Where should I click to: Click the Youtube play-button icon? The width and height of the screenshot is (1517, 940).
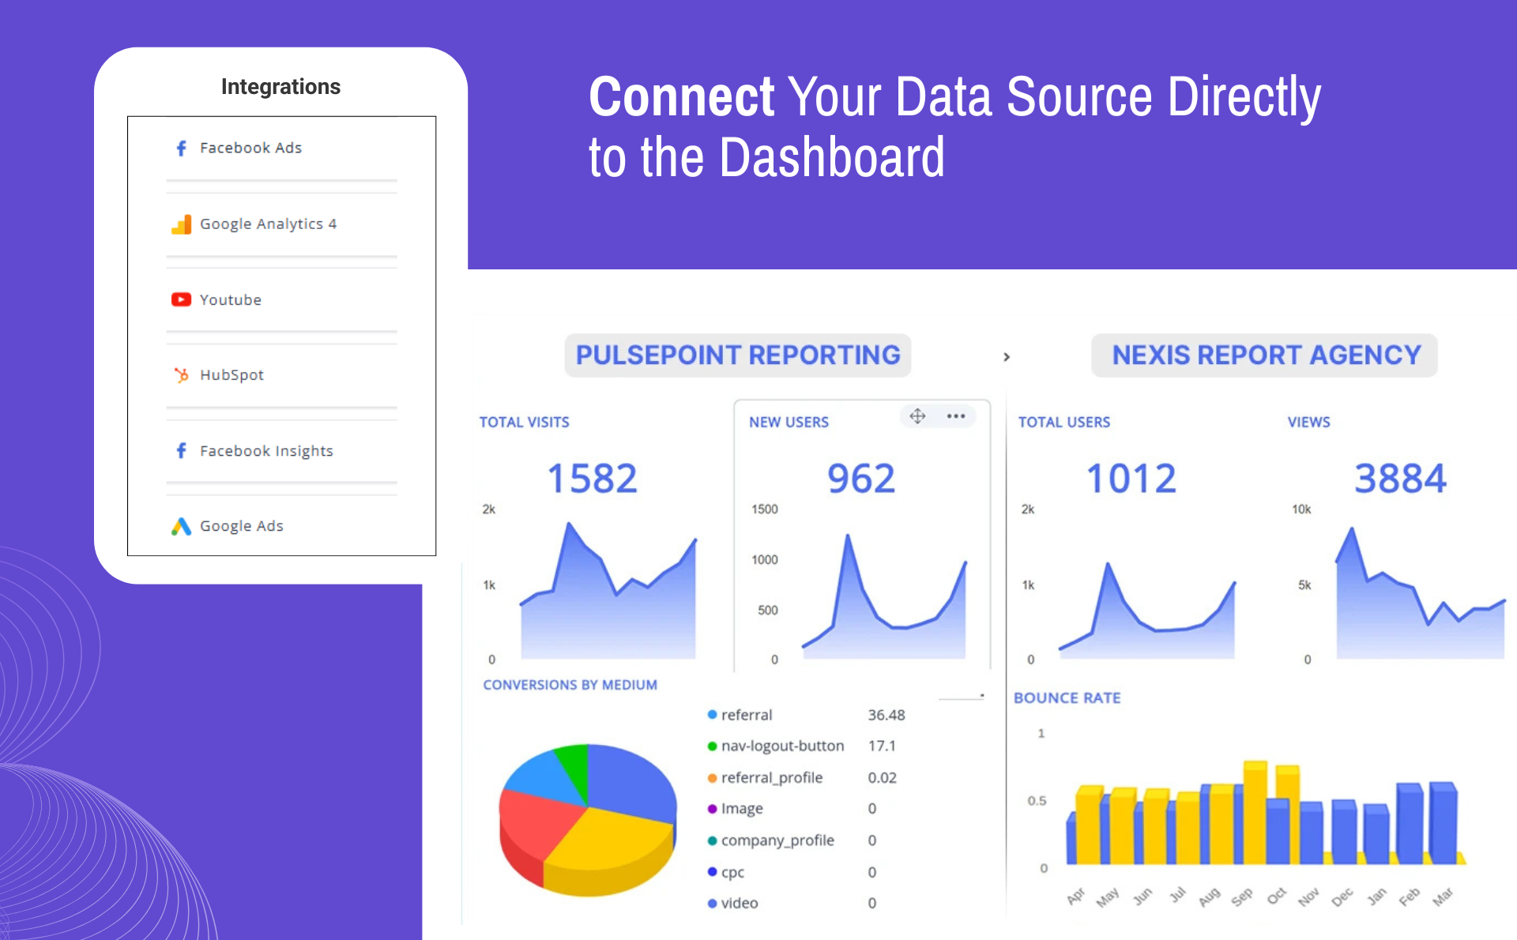click(181, 299)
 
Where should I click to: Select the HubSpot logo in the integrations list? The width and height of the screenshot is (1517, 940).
click(181, 375)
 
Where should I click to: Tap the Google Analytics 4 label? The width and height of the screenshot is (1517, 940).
click(268, 224)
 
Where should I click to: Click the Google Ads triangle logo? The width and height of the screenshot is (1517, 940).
click(181, 526)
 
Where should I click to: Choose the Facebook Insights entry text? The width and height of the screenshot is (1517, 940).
click(266, 451)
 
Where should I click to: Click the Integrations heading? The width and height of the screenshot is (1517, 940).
click(280, 86)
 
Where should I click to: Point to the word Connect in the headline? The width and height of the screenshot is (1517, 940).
click(681, 98)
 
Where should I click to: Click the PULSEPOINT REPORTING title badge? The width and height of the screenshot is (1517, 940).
click(737, 355)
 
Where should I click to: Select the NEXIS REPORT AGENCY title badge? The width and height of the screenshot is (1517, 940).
click(1265, 355)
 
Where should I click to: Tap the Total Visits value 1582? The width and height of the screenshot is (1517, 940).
click(592, 479)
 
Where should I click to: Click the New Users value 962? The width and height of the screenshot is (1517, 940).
click(861, 479)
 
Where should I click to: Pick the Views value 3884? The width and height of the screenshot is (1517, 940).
click(1400, 479)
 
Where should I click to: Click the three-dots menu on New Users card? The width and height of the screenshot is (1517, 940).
click(956, 416)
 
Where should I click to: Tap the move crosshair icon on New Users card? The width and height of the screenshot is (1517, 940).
click(917, 416)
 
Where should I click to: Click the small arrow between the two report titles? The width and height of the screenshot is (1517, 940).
click(1006, 357)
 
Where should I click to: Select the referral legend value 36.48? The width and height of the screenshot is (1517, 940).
click(886, 715)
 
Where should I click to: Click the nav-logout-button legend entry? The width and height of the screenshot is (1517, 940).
click(781, 746)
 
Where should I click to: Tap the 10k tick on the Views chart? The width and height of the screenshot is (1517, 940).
click(1301, 509)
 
